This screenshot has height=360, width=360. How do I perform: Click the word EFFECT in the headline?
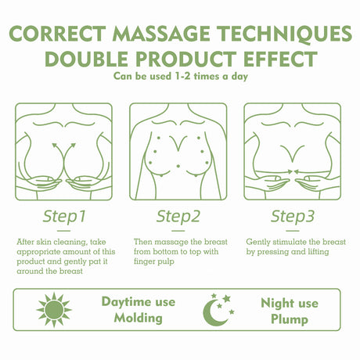(x=277, y=60)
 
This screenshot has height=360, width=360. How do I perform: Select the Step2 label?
(x=179, y=215)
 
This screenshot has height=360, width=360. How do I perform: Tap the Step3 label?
(x=293, y=215)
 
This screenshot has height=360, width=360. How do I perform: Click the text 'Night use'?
(x=288, y=302)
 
